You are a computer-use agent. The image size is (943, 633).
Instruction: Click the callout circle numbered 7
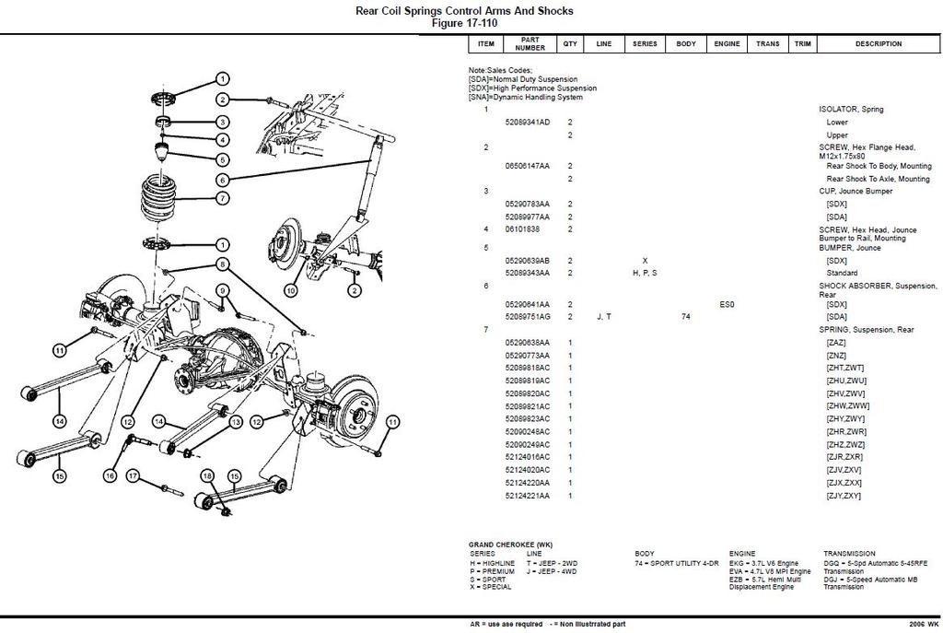pos(223,198)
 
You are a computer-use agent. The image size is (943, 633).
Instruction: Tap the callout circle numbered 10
pos(291,290)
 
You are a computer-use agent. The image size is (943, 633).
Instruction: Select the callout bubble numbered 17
pos(133,475)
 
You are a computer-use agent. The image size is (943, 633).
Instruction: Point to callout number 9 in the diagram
pos(222,291)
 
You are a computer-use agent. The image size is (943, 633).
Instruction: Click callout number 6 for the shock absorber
pos(223,180)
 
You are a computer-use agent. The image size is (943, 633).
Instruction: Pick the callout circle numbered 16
pos(110,475)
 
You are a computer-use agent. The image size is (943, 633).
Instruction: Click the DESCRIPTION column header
pos(878,43)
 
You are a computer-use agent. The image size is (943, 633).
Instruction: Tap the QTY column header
pos(570,43)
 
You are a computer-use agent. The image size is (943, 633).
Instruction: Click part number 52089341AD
pos(527,123)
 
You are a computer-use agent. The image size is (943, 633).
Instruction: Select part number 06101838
pos(522,229)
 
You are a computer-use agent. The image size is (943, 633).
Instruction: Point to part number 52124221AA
pos(527,496)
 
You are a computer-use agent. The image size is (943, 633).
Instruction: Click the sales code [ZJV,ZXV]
pos(844,470)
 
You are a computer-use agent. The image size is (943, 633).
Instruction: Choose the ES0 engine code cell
pos(727,304)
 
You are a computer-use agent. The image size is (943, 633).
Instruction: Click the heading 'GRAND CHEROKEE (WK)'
pos(510,545)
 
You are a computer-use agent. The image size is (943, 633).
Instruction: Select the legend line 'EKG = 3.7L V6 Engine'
pos(764,563)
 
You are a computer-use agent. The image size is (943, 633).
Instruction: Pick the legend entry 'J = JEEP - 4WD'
pos(553,571)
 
